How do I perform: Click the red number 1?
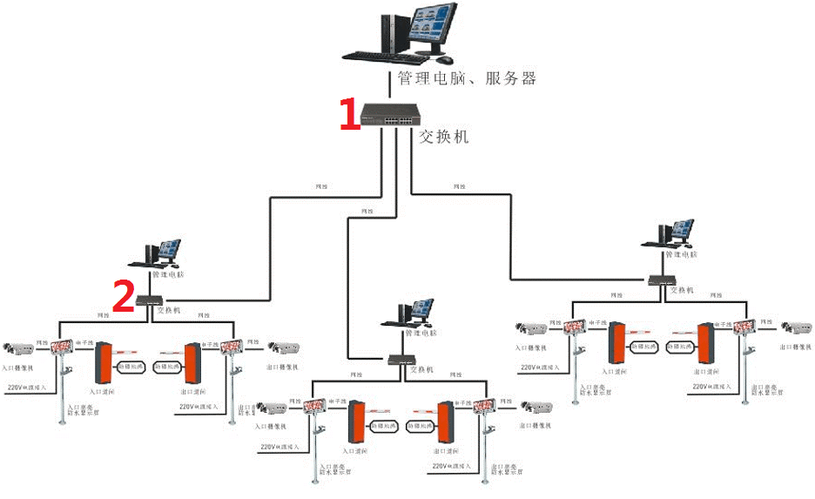tap(349, 114)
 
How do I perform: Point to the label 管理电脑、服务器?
tap(467, 78)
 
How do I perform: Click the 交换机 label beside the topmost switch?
tap(444, 137)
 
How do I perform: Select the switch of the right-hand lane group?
tap(659, 280)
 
